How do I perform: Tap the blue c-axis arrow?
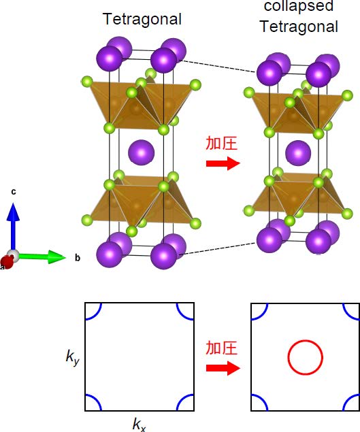tap(13, 226)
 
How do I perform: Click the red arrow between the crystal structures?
tap(223, 163)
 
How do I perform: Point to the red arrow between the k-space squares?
tap(223, 368)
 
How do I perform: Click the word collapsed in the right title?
tap(299, 6)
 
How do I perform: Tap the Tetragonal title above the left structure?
tap(142, 19)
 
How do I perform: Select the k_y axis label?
tap(73, 357)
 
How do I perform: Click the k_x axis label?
tap(140, 425)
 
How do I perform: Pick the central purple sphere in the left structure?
tap(142, 152)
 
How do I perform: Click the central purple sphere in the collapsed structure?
tap(298, 153)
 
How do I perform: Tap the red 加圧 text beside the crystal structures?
tap(222, 143)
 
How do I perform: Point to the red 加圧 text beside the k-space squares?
tap(222, 348)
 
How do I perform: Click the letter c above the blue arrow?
tap(13, 192)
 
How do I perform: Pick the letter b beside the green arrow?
tap(78, 258)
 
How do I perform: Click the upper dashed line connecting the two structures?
tap(218, 66)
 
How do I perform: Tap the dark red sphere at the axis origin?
tap(7, 262)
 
